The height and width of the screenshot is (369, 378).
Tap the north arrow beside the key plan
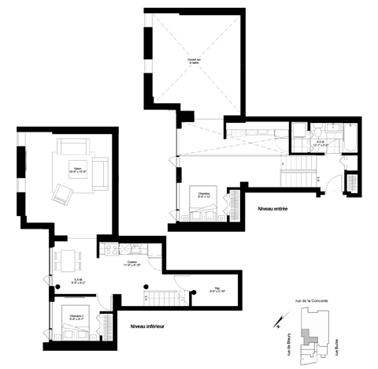tap(277, 320)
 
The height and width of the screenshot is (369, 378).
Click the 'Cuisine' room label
tap(132, 263)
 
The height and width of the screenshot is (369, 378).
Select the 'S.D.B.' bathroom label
tap(321, 143)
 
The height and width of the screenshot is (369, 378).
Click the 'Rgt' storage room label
tap(217, 289)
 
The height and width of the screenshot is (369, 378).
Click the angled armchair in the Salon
tap(61, 193)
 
